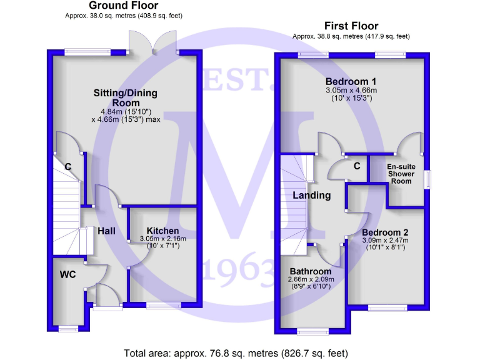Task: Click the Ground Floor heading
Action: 123,6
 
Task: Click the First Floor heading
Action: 351,26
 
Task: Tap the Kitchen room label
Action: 162,231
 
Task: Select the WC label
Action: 67,274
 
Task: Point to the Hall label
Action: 106,231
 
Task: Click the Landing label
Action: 312,195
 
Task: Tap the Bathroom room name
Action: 311,271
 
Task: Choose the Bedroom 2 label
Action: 385,232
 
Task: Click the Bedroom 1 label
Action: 351,81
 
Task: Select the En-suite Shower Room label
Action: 401,174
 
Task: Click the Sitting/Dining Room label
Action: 126,97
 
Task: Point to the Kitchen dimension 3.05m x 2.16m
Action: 163,239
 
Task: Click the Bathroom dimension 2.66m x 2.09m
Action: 311,279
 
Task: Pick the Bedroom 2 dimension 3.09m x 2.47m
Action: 385,240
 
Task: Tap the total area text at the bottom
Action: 236,353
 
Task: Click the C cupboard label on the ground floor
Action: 68,166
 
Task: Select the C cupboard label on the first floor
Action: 357,166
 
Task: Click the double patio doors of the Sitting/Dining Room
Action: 152,42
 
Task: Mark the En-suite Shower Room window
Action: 427,179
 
